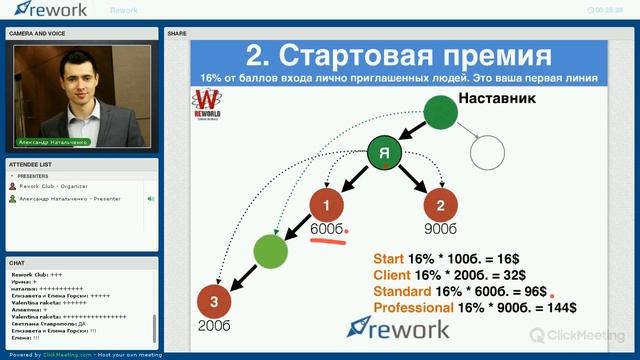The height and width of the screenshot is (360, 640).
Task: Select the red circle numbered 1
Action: coord(326,206)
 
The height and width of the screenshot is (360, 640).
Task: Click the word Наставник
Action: coord(497,99)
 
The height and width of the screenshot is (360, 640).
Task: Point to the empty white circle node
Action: coord(488,153)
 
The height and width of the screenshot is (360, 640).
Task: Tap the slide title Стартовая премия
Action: coord(398,54)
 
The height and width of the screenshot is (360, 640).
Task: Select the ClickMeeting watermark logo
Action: coord(578,335)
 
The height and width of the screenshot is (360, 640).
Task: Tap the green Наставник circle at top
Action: coord(440,112)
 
